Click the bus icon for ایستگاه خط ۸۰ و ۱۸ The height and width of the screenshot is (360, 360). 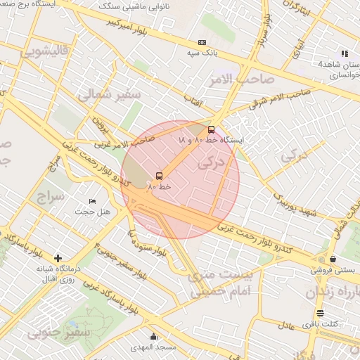point(212,129)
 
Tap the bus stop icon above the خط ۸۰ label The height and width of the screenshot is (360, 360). point(159,176)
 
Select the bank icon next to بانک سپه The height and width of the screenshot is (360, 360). point(202,42)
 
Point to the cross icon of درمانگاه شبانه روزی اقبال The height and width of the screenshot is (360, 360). point(57,258)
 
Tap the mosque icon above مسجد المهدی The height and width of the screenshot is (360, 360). point(154,337)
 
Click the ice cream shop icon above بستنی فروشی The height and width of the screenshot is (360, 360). point(323,259)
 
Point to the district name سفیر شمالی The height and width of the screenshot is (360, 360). point(110,95)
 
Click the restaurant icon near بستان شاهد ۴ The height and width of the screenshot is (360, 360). point(344,53)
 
